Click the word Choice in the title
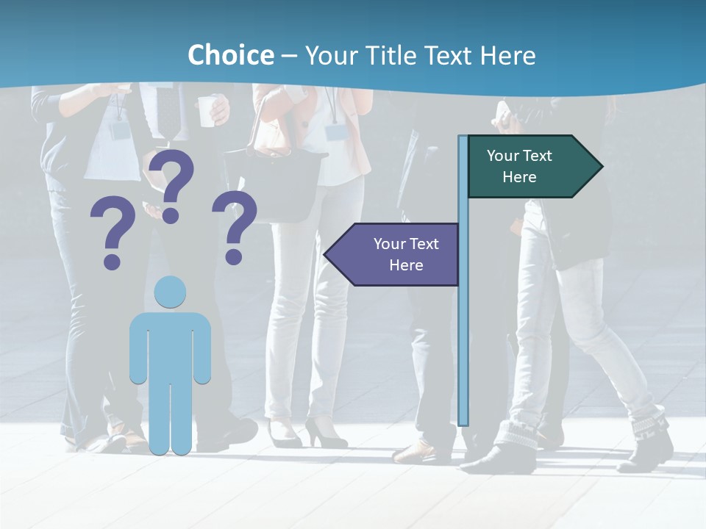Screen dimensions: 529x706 [230, 55]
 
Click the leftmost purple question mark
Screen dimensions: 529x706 [113, 231]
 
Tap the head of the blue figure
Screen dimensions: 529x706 [170, 292]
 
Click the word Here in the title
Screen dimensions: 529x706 [507, 55]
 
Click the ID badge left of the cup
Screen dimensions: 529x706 [119, 130]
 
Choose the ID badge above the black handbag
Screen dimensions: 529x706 [335, 132]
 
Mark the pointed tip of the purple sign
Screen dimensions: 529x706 [327, 254]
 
